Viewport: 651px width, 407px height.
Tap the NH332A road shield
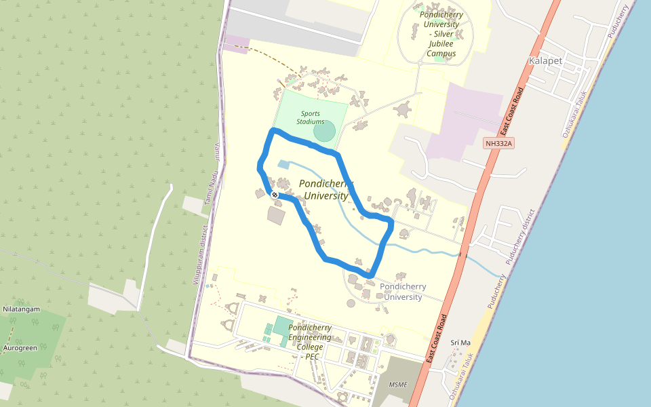coord(500,143)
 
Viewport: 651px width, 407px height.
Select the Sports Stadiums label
coord(310,117)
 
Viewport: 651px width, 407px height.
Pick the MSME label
coord(398,385)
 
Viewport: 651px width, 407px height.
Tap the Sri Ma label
coord(460,343)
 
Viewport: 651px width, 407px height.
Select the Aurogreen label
coord(20,348)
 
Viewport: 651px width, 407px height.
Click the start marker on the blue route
coord(275,195)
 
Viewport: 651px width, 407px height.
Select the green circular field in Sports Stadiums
coord(325,131)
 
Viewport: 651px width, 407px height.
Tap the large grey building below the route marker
coord(277,216)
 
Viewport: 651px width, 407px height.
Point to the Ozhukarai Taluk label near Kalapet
coord(574,114)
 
